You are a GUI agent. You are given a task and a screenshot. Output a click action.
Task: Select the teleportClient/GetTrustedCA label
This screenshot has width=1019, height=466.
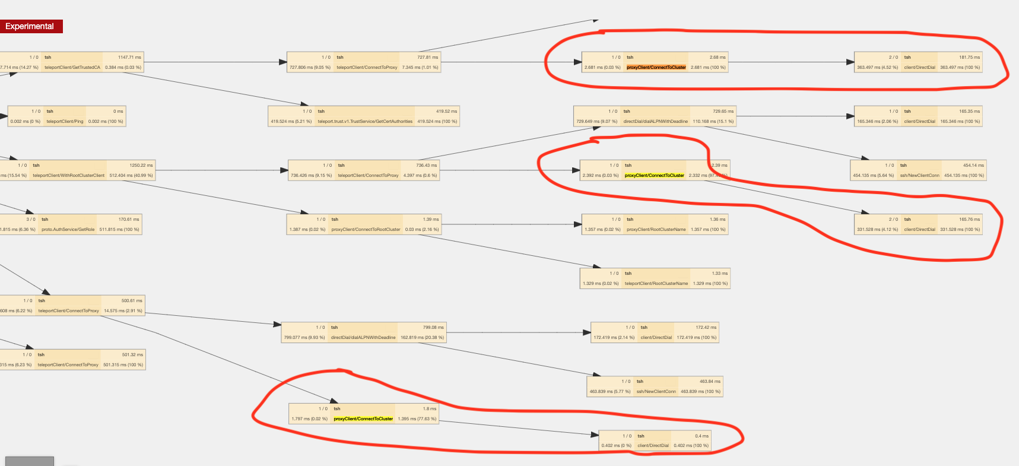pos(72,68)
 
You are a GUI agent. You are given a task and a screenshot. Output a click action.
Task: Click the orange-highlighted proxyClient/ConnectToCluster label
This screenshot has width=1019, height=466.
pos(656,68)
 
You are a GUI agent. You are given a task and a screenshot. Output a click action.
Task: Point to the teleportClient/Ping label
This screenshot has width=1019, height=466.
pos(65,122)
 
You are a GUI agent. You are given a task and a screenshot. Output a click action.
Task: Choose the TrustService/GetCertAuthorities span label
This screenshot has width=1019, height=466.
pos(364,122)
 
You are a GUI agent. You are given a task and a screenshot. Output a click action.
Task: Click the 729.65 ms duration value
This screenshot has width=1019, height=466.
pos(723,112)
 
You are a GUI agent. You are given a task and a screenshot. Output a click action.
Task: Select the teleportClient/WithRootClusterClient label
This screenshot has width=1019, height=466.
pos(68,176)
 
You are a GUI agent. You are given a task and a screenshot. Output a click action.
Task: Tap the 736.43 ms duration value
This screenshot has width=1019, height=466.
pos(426,166)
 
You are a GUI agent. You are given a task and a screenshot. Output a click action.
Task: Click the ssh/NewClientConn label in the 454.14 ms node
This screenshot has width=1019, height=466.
pos(919,176)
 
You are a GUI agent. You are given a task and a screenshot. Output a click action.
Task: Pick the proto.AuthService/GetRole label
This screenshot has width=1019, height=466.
pos(68,230)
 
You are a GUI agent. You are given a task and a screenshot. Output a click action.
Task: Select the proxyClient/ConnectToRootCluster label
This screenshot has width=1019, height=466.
pos(366,230)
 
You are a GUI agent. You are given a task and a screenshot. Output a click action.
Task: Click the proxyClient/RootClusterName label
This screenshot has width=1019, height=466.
pos(656,230)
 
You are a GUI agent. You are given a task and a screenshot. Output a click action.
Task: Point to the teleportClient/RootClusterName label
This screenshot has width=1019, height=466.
pos(656,284)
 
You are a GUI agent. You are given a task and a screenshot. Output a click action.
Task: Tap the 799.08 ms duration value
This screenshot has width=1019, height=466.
pos(433,328)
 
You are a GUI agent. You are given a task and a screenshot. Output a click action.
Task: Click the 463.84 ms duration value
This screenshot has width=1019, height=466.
pos(710,382)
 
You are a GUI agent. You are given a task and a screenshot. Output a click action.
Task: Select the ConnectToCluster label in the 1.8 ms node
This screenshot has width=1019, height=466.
pos(363,419)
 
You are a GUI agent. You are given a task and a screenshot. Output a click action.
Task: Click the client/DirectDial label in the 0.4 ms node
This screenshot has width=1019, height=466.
pos(653,446)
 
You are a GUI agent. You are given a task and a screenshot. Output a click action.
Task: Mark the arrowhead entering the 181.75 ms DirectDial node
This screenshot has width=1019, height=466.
pos(850,62)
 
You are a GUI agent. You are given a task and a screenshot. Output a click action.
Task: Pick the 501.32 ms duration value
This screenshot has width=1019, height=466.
pos(132,355)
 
